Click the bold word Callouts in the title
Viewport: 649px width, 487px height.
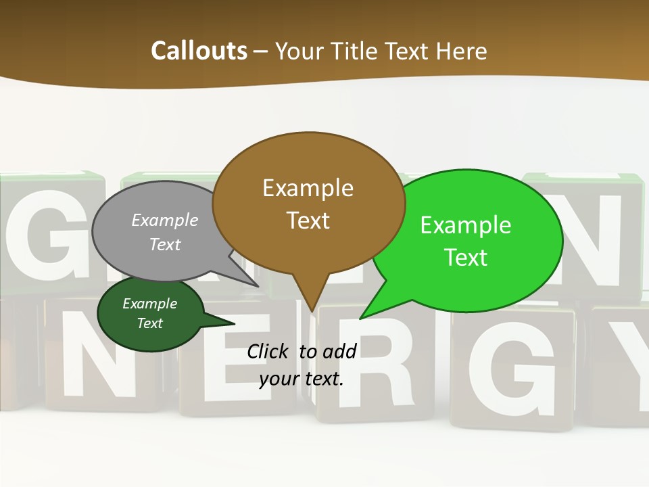click(x=199, y=51)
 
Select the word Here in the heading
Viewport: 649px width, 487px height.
click(x=462, y=51)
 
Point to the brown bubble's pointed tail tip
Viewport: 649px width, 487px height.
click(x=311, y=310)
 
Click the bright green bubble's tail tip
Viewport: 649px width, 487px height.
click(x=360, y=318)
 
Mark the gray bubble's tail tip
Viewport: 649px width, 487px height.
click(x=258, y=286)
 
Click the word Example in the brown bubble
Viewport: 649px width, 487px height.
click(x=308, y=188)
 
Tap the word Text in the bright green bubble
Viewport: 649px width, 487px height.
click(x=466, y=258)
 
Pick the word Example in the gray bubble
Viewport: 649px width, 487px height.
click(x=165, y=221)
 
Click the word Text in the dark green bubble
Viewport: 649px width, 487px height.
click(x=150, y=323)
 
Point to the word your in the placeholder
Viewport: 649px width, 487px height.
click(x=278, y=379)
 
